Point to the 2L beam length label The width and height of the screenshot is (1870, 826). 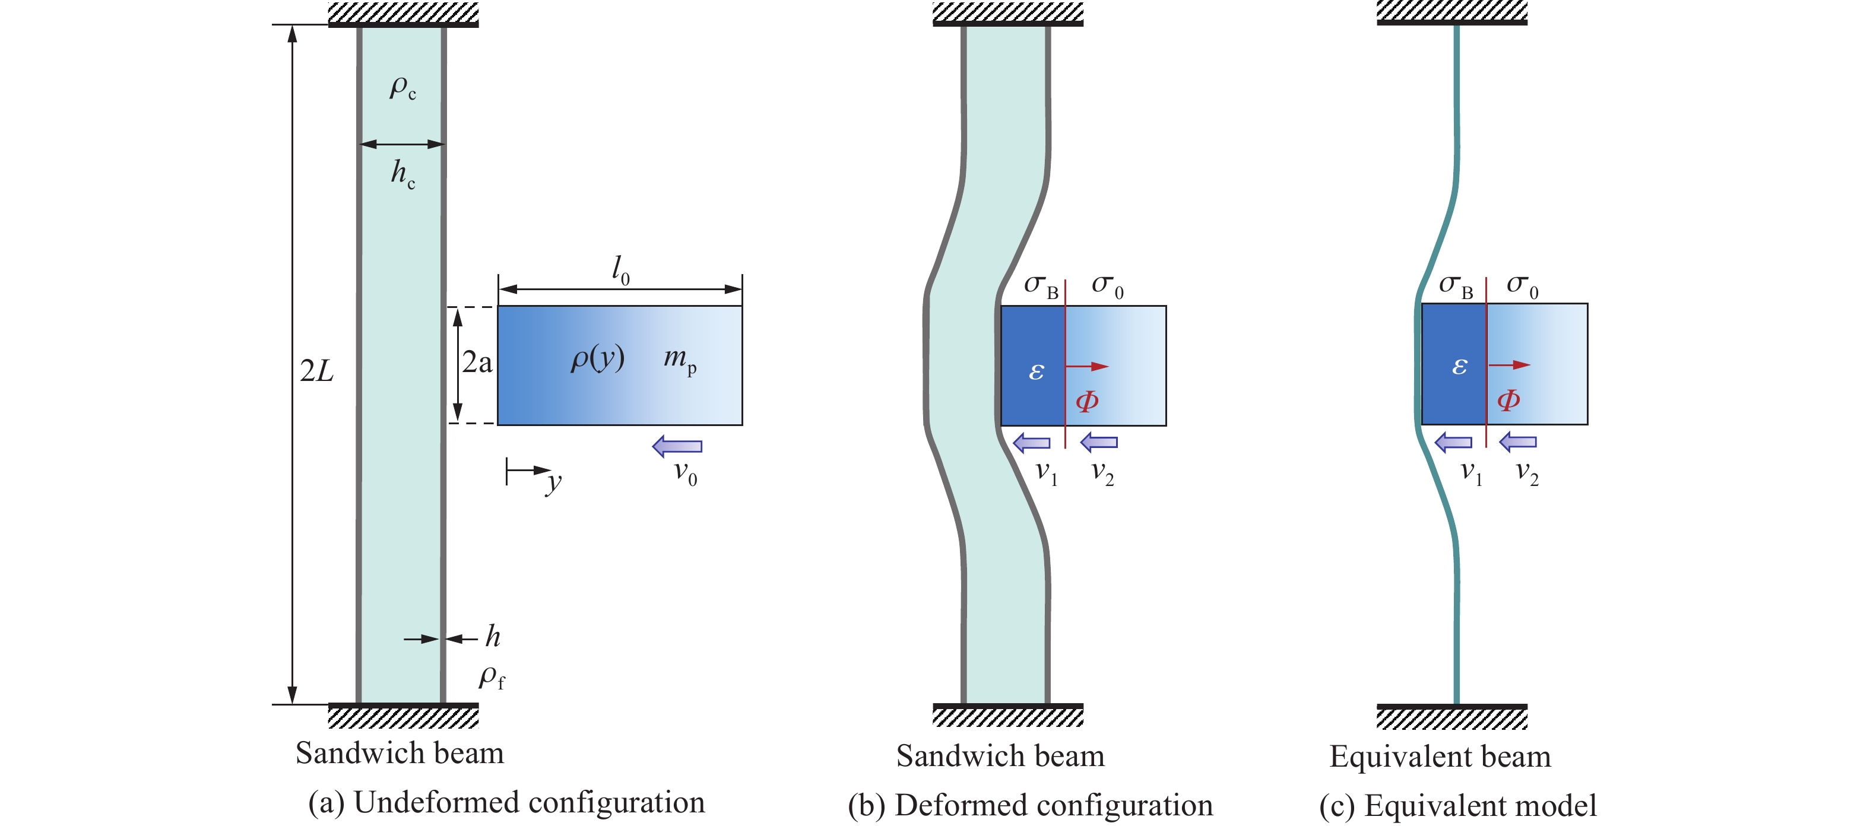pyautogui.click(x=316, y=371)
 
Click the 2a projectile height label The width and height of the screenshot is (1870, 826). pyautogui.click(x=477, y=362)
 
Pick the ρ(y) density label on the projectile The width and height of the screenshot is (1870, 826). pyautogui.click(x=597, y=358)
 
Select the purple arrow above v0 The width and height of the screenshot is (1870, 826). pyautogui.click(x=677, y=446)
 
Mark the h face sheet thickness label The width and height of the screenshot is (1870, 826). pyautogui.click(x=493, y=637)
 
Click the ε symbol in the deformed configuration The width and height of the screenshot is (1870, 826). pyautogui.click(x=1036, y=371)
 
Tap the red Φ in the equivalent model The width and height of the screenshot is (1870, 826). pyautogui.click(x=1508, y=400)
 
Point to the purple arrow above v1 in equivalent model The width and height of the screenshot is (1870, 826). pyautogui.click(x=1453, y=441)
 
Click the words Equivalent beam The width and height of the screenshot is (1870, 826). pyautogui.click(x=1440, y=757)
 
